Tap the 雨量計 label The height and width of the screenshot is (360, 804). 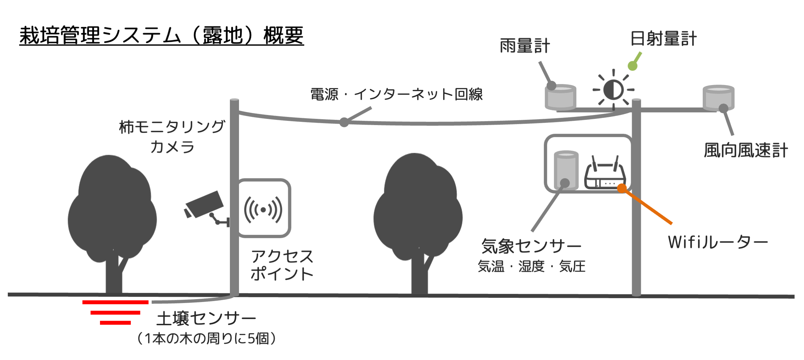tap(525, 46)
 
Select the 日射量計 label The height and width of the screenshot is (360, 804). tap(663, 39)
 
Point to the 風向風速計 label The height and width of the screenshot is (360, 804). tap(746, 151)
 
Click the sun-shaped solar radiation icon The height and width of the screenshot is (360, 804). tap(613, 90)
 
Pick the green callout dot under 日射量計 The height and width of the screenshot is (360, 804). tap(632, 66)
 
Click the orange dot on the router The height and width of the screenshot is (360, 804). tap(622, 188)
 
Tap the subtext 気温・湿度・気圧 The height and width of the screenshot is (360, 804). tap(531, 266)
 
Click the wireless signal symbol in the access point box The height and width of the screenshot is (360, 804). tap(263, 209)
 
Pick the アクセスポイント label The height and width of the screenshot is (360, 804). tap(282, 265)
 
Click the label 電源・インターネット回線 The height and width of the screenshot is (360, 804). tap(396, 94)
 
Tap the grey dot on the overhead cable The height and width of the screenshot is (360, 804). tap(344, 122)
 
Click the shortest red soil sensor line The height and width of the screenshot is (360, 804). tap(115, 323)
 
